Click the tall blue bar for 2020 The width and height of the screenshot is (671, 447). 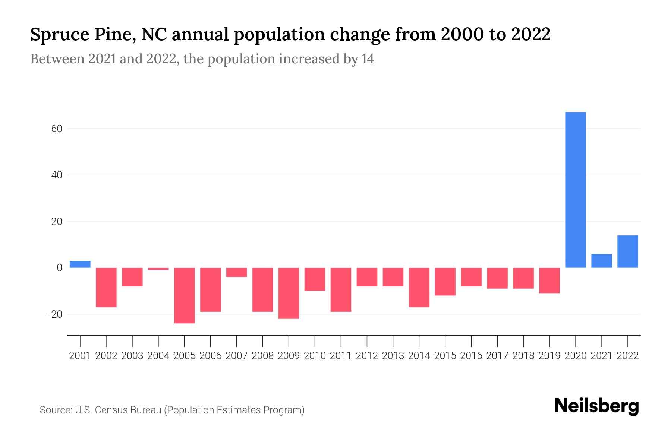pos(576,190)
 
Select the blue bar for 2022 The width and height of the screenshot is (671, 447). pos(628,251)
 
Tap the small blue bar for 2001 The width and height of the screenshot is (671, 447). pos(80,264)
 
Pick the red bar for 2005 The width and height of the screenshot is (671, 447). pos(185,295)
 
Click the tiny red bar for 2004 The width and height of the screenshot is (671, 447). pos(158,269)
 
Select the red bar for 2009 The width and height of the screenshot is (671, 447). pos(289,293)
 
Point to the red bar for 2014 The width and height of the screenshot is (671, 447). pos(419,287)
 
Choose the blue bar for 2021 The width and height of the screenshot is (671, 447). pos(602,261)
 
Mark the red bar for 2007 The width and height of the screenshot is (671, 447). pos(236,272)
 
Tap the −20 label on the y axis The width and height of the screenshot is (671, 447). pos(54,314)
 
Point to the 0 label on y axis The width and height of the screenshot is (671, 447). pos(59,268)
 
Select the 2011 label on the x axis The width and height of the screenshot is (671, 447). pos(341,356)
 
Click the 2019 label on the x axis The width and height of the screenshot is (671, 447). pos(549,356)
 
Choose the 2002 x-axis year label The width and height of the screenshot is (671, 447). pos(106,356)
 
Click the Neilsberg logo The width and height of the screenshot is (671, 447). pos(596,406)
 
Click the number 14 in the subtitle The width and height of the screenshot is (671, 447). pos(368,59)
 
